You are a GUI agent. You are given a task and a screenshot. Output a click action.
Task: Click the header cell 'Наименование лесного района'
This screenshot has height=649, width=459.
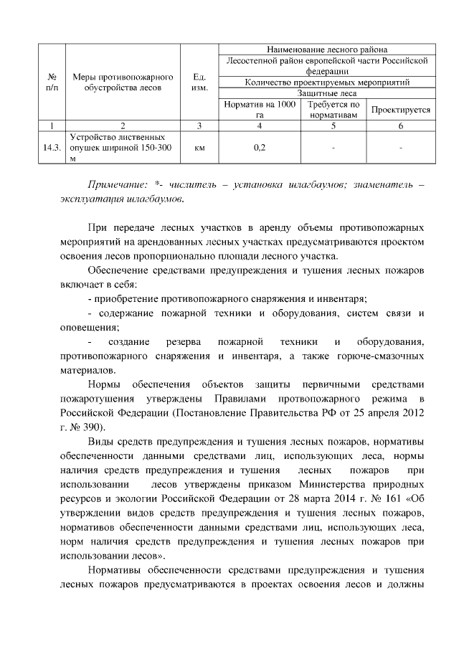coord(326,50)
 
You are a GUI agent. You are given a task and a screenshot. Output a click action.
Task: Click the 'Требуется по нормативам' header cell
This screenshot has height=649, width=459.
coord(333,110)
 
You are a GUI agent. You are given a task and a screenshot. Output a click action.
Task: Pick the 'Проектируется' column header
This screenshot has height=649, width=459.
coord(400,110)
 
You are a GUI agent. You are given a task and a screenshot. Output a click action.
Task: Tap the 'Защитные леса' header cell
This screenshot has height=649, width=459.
coord(326,93)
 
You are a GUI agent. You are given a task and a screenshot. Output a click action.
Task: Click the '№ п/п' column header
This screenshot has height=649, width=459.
coord(52,82)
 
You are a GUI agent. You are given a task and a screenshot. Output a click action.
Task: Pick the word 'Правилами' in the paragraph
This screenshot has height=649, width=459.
coord(245,398)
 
